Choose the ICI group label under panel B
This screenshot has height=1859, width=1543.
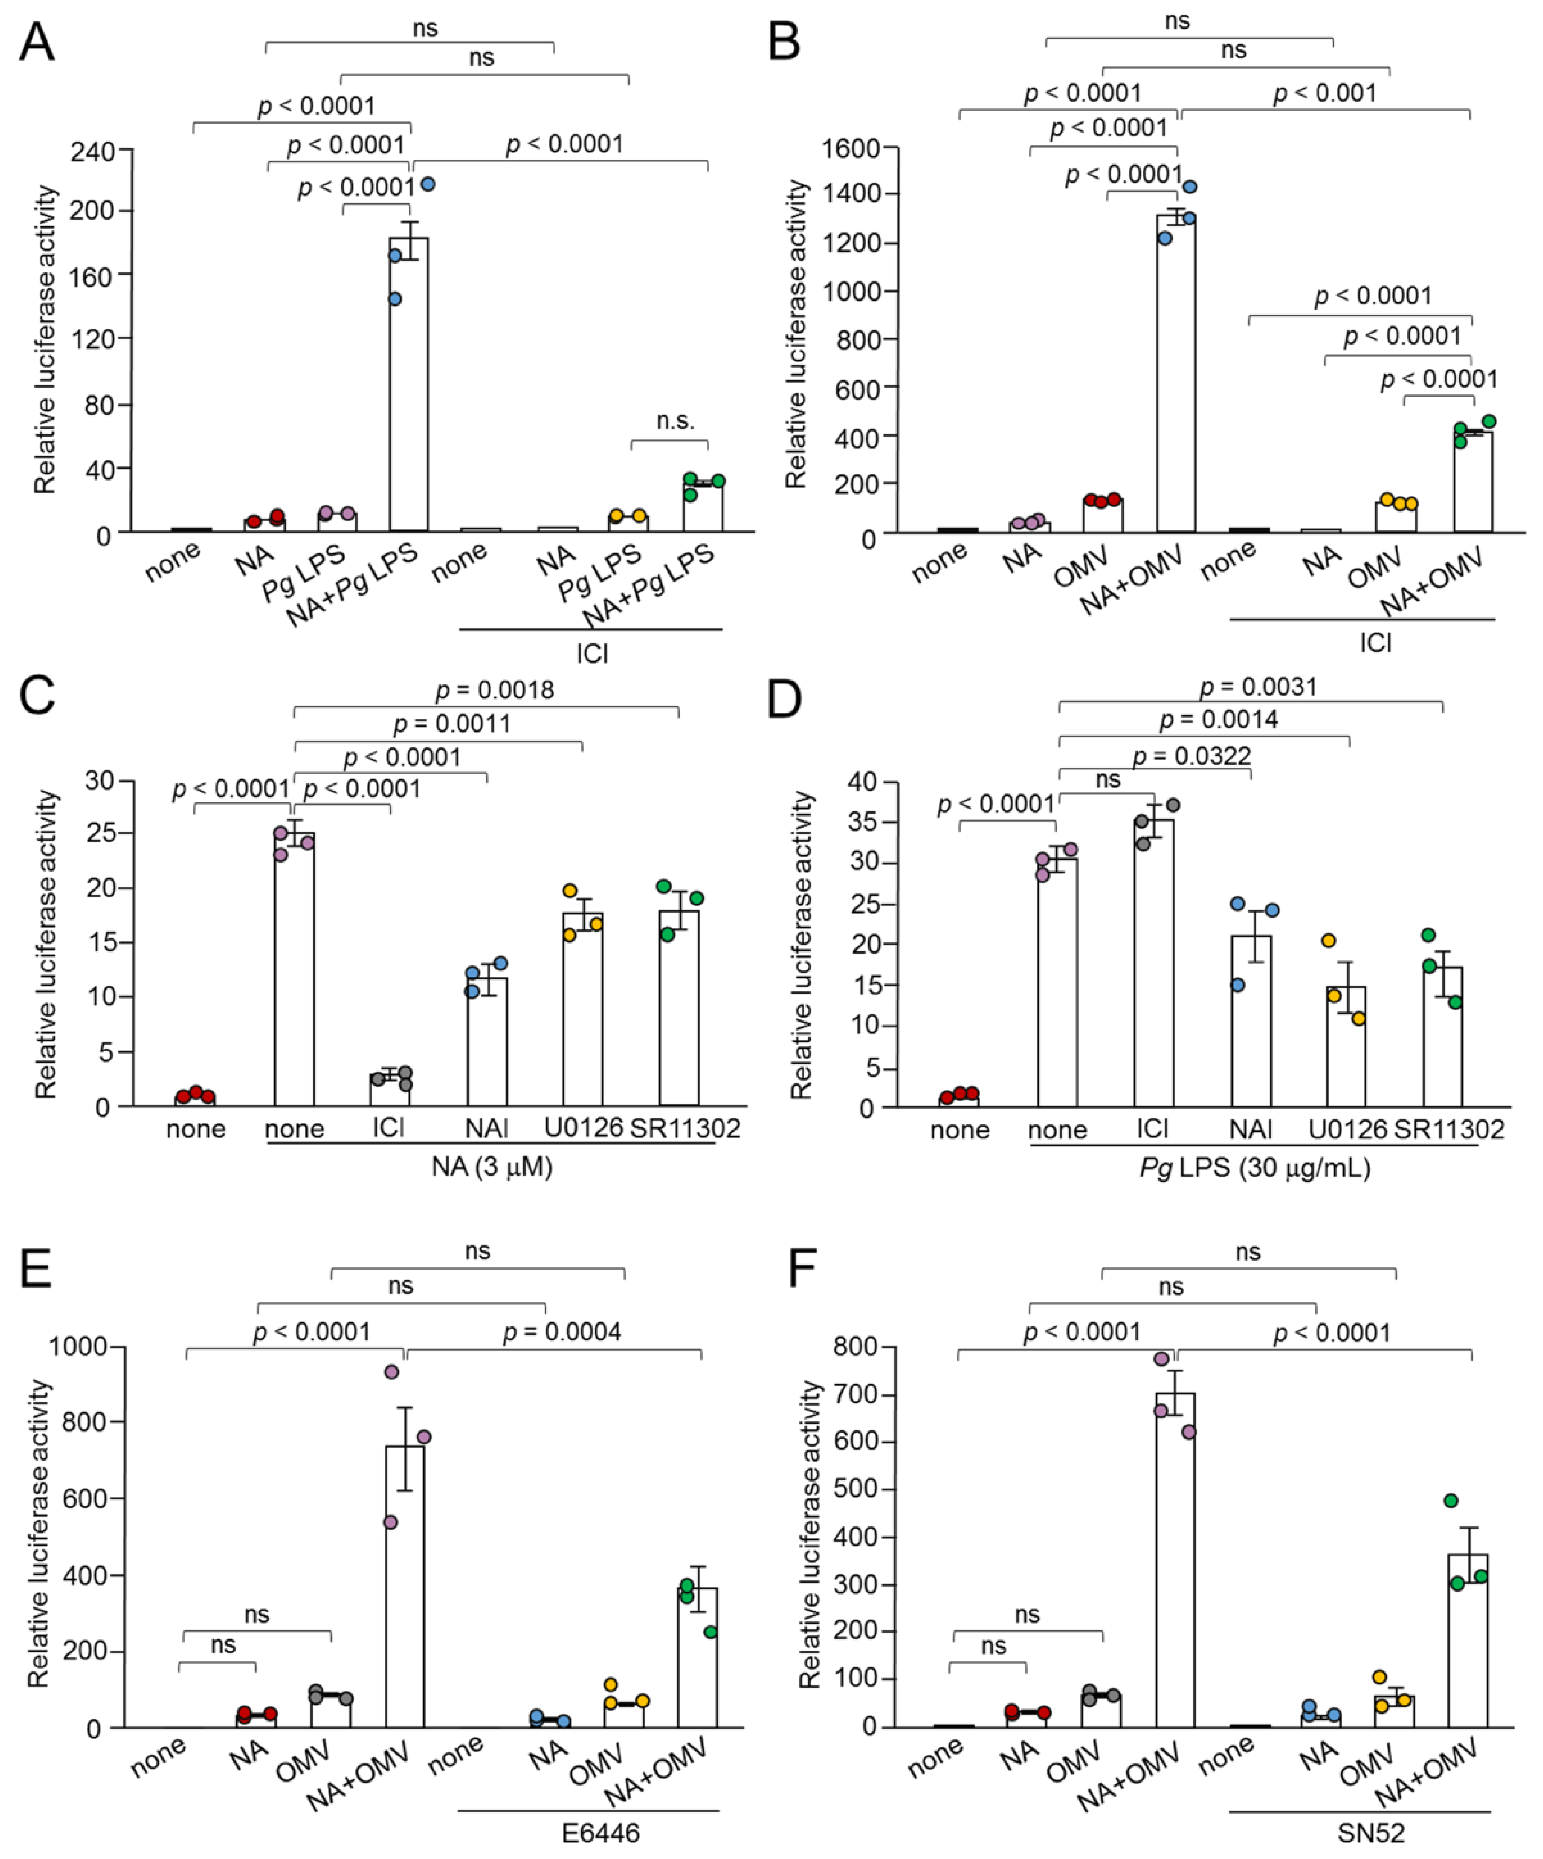point(1375,643)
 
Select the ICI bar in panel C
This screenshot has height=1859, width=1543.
point(389,1090)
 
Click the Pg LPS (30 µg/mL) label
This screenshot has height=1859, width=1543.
point(1254,1168)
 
